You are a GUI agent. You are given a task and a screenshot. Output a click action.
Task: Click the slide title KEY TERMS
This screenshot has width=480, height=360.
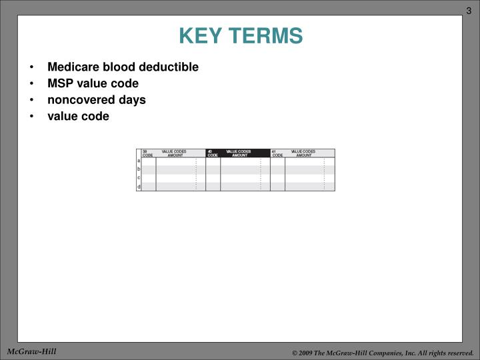pyautogui.click(x=240, y=35)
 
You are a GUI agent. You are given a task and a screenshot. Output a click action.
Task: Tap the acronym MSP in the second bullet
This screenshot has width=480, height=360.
pyautogui.click(x=59, y=83)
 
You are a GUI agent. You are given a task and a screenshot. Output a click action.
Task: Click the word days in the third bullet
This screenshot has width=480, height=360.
pyautogui.click(x=133, y=100)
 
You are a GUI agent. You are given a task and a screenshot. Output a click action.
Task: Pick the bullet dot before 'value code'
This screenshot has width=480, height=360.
pyautogui.click(x=32, y=117)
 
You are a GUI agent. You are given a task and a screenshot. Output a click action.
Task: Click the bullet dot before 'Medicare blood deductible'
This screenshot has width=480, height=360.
pyautogui.click(x=32, y=67)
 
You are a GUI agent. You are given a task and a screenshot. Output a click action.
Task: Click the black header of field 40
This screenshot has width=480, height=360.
pyautogui.click(x=237, y=153)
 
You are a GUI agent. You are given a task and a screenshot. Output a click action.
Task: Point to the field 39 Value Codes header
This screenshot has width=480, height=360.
pyautogui.click(x=173, y=153)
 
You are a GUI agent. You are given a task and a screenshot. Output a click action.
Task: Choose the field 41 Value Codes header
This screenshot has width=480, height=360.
pyautogui.click(x=302, y=153)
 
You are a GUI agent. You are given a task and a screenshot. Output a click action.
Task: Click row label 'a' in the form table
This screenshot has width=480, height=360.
pyautogui.click(x=139, y=161)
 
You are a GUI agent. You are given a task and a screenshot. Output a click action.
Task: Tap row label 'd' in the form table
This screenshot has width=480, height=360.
pyautogui.click(x=139, y=187)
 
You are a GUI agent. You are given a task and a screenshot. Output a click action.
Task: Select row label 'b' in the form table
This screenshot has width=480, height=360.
pyautogui.click(x=139, y=169)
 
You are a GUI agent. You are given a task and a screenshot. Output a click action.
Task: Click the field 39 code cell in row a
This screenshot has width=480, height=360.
pyautogui.click(x=149, y=161)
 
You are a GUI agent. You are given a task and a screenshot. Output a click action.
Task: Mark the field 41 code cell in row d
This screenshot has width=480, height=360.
pyautogui.click(x=277, y=187)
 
